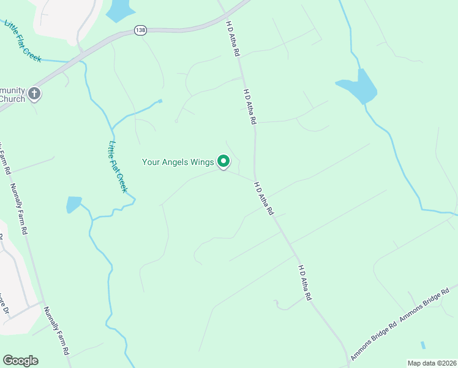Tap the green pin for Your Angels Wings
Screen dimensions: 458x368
point(223,161)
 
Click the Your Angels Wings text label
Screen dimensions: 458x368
point(178,163)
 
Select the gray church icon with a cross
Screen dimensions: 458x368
point(34,94)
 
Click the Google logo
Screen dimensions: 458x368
point(20,361)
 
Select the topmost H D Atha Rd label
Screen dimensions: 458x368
point(232,39)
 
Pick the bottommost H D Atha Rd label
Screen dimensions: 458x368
point(305,282)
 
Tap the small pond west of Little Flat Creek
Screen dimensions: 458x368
point(73,204)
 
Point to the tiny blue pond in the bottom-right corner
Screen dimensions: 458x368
point(422,345)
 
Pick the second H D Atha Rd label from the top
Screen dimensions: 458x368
point(249,107)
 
